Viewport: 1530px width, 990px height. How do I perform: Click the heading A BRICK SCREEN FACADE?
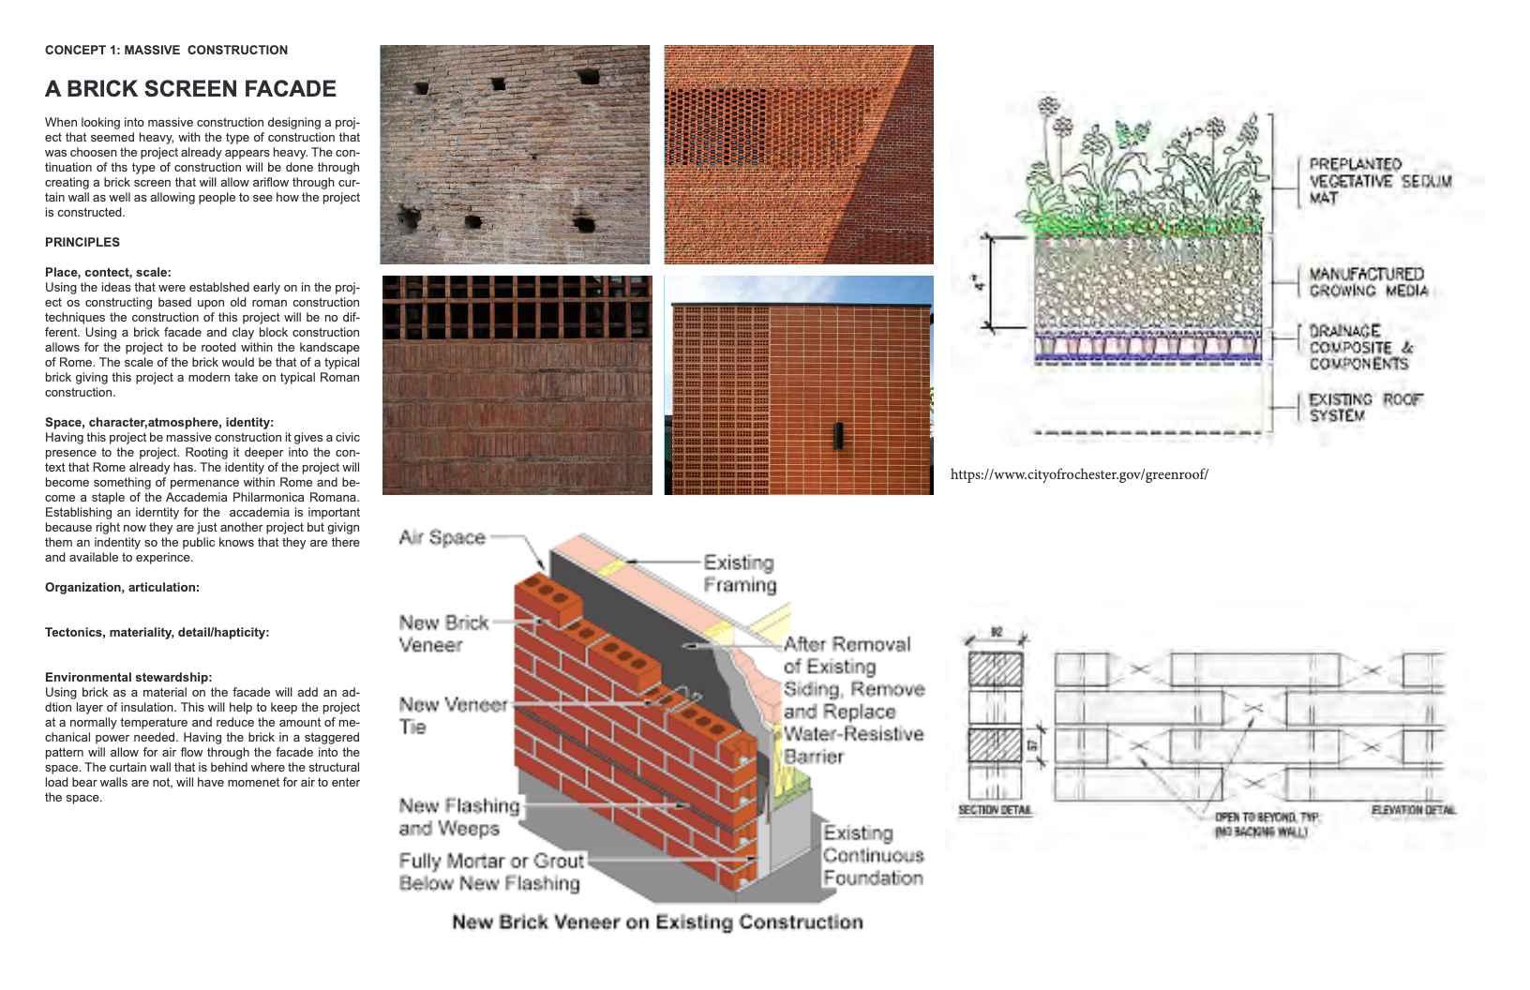[190, 89]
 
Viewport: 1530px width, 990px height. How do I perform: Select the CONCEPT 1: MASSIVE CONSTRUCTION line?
[166, 50]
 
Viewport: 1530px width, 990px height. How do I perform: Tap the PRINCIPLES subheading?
[82, 242]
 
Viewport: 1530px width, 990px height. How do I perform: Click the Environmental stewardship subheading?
[128, 677]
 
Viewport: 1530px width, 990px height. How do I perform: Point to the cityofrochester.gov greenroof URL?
[1079, 474]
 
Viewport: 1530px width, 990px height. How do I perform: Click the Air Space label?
[442, 537]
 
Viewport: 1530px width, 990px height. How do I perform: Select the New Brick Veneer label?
[443, 634]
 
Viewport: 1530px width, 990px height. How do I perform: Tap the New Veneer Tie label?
[453, 715]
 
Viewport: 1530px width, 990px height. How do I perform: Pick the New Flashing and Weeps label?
[458, 817]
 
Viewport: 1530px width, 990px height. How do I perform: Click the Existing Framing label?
[740, 574]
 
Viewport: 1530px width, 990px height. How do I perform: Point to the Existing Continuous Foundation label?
[873, 855]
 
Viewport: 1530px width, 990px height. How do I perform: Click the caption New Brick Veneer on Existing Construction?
[657, 922]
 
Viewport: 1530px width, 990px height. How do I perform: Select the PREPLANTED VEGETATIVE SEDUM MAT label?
[1379, 181]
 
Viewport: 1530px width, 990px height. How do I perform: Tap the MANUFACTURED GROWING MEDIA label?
[1368, 282]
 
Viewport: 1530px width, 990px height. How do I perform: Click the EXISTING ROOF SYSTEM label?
[1365, 407]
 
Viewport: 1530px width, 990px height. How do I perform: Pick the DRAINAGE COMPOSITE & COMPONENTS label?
[1360, 347]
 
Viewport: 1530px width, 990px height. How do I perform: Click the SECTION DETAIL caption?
[995, 810]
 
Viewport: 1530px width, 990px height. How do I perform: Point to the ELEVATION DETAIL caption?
[1413, 809]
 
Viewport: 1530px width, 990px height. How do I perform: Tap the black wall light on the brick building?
[838, 436]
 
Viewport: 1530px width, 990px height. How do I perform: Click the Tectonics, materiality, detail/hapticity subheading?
[157, 632]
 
